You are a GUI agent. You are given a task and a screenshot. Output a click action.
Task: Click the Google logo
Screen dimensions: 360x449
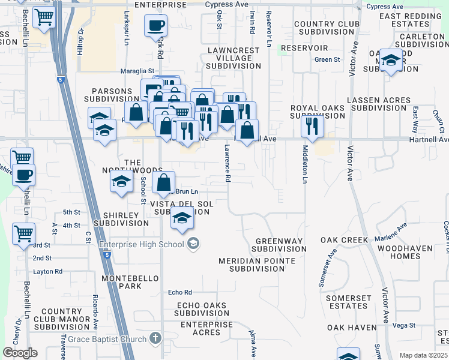[20, 353]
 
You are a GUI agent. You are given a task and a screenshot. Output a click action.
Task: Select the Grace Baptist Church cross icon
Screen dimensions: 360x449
[156, 338]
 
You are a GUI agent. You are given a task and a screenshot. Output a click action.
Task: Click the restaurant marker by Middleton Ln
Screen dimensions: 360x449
[312, 126]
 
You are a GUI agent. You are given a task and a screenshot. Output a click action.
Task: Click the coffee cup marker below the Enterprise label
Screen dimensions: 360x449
[155, 26]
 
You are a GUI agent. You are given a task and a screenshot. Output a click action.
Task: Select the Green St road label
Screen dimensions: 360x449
[327, 59]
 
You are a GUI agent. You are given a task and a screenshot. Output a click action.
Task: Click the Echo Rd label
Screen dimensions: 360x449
[179, 292]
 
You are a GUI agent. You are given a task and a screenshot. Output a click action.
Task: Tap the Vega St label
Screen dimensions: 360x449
[404, 325]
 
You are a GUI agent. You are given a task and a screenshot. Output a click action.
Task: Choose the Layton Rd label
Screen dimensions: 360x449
[47, 271]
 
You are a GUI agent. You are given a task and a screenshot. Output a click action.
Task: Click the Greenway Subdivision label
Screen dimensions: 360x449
[279, 244]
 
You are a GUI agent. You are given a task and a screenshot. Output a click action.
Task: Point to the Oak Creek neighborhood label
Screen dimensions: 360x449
[344, 240]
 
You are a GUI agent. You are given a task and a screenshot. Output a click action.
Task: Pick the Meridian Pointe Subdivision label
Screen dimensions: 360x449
[257, 265]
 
